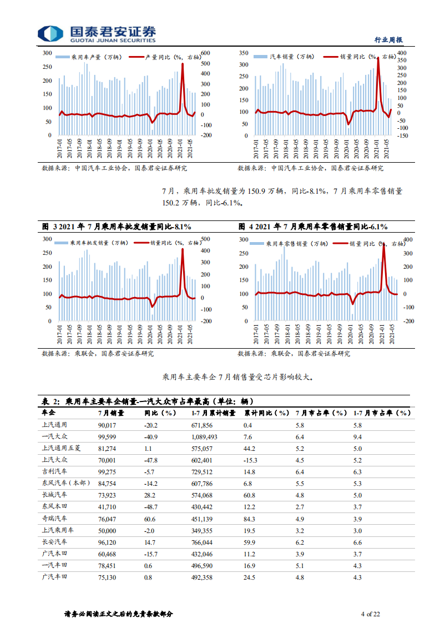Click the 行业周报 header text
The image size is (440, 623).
(x=388, y=40)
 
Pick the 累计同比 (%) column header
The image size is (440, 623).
(x=267, y=413)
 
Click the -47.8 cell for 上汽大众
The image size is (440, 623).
(x=151, y=460)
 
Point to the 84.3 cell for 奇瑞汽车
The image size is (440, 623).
(x=249, y=519)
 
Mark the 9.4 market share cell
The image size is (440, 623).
(x=357, y=437)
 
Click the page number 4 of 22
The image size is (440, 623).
(x=370, y=614)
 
